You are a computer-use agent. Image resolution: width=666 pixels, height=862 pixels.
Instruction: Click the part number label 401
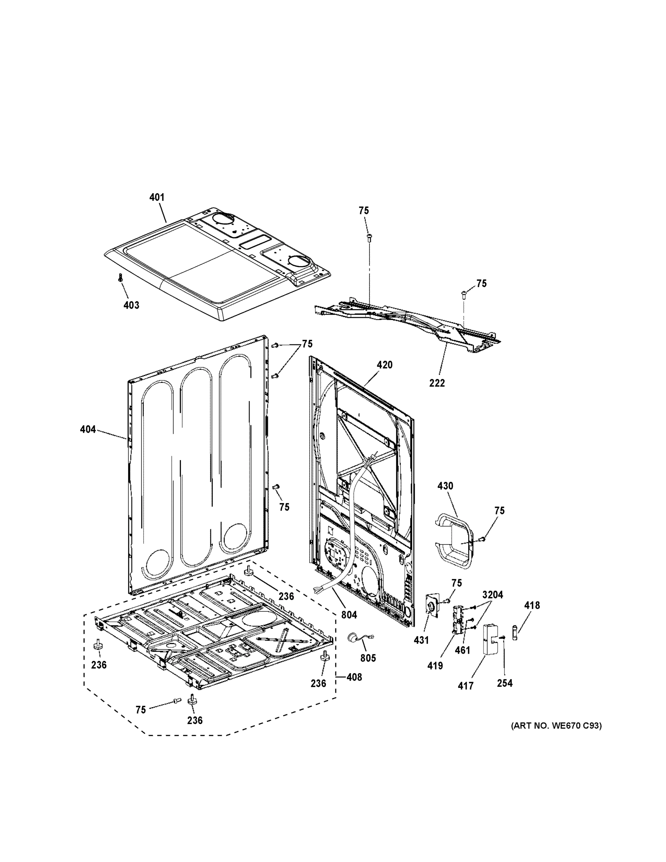pyautogui.click(x=157, y=197)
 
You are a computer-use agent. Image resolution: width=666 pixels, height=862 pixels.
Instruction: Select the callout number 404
pyautogui.click(x=88, y=430)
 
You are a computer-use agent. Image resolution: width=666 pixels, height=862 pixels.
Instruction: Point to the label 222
pyautogui.click(x=437, y=383)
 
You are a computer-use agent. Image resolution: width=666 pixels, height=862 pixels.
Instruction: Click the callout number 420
pyautogui.click(x=384, y=365)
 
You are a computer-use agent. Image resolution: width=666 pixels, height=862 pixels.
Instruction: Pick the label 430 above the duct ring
pyautogui.click(x=445, y=486)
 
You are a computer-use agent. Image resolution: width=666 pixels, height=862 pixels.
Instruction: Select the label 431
pyautogui.click(x=421, y=640)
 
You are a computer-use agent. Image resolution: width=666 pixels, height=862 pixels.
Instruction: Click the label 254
pyautogui.click(x=505, y=683)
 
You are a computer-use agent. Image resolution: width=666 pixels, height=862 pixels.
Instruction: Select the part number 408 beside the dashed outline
pyautogui.click(x=354, y=677)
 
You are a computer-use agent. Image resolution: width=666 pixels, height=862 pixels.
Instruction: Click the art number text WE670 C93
pyautogui.click(x=556, y=726)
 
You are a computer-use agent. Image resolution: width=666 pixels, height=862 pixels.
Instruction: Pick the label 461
pyautogui.click(x=462, y=650)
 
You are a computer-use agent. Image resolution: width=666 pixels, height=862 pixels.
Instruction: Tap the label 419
pyautogui.click(x=435, y=666)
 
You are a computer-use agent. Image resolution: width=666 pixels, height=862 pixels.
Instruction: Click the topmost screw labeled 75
pyautogui.click(x=369, y=237)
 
